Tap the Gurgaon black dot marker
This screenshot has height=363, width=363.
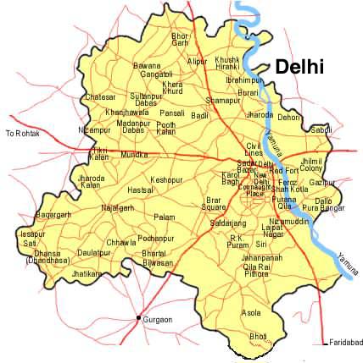[x=138, y=318]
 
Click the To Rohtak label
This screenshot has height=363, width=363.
[x=23, y=133]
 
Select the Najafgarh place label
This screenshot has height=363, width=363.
[x=117, y=207]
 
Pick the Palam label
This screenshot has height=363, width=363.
[x=165, y=217]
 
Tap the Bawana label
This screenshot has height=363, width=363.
[x=147, y=65]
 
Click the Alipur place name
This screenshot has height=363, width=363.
[x=197, y=61]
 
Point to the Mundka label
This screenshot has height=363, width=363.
[x=134, y=155]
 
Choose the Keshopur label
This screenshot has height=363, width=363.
[x=166, y=180]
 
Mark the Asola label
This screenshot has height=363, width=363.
[x=251, y=312]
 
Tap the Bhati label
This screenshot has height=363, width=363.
[x=258, y=336]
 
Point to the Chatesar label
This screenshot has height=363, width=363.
[x=100, y=97]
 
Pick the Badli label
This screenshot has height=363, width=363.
[x=200, y=114]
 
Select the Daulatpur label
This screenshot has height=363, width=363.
[x=94, y=252]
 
